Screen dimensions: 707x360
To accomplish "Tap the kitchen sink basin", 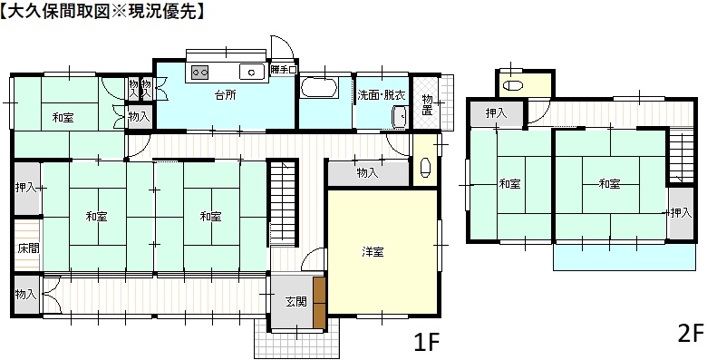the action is tap(252, 72).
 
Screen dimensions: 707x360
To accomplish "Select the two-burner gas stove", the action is tap(200, 72).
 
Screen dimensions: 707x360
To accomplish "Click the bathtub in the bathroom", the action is tap(319, 87).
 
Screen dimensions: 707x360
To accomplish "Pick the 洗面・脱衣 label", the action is tap(382, 95).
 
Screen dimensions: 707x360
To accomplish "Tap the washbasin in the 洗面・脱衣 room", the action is tap(400, 117).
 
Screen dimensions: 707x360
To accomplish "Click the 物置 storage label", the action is tap(427, 104).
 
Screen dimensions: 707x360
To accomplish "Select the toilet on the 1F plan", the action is tap(426, 168).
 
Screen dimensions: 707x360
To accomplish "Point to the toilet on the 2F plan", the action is tap(512, 86).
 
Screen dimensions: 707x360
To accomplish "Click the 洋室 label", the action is tap(373, 252).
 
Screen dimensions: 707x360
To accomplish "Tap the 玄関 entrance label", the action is tap(295, 301).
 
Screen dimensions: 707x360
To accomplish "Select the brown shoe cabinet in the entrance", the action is tap(319, 303).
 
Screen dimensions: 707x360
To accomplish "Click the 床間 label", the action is tap(26, 248).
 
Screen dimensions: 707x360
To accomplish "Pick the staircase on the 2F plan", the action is tap(681, 155).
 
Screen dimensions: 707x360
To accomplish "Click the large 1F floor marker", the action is tap(426, 343).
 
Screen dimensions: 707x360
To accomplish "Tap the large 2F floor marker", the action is tap(691, 335).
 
